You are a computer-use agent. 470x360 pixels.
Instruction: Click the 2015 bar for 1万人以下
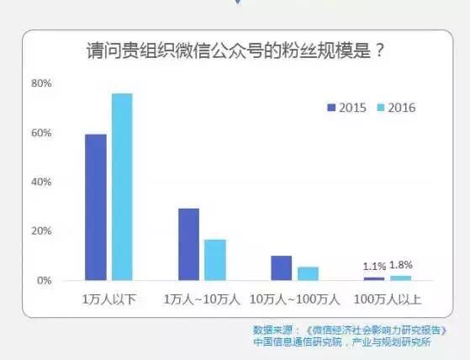(x=96, y=208)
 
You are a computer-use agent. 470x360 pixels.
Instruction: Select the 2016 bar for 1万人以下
(x=122, y=187)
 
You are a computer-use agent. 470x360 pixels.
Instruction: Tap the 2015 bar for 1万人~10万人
(x=189, y=245)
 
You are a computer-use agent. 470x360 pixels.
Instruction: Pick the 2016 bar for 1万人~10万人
(x=215, y=260)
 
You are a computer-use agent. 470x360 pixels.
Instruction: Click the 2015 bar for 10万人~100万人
(x=282, y=268)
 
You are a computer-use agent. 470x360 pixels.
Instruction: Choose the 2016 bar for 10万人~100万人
(x=308, y=273)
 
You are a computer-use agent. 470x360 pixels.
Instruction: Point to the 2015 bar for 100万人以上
(x=374, y=279)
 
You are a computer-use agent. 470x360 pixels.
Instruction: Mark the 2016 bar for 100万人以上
(x=401, y=278)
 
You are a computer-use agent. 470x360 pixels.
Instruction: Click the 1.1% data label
(x=374, y=266)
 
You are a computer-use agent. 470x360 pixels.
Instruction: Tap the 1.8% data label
(x=401, y=265)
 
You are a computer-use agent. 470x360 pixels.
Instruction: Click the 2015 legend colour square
(x=331, y=108)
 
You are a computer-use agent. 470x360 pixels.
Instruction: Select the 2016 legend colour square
(x=380, y=108)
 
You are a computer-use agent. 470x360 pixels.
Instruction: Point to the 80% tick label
(x=41, y=83)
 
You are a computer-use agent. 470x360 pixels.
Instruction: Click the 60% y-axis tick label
(x=41, y=133)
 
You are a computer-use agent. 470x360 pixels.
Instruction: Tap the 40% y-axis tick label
(x=41, y=182)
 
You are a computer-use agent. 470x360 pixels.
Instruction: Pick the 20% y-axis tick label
(x=41, y=231)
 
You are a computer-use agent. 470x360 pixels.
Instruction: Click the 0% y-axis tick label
(x=45, y=281)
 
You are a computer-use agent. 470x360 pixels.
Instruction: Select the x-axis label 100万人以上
(x=388, y=299)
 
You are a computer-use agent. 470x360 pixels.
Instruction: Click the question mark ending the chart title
(x=379, y=50)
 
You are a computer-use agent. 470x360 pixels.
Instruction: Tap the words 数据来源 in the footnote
(x=272, y=331)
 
